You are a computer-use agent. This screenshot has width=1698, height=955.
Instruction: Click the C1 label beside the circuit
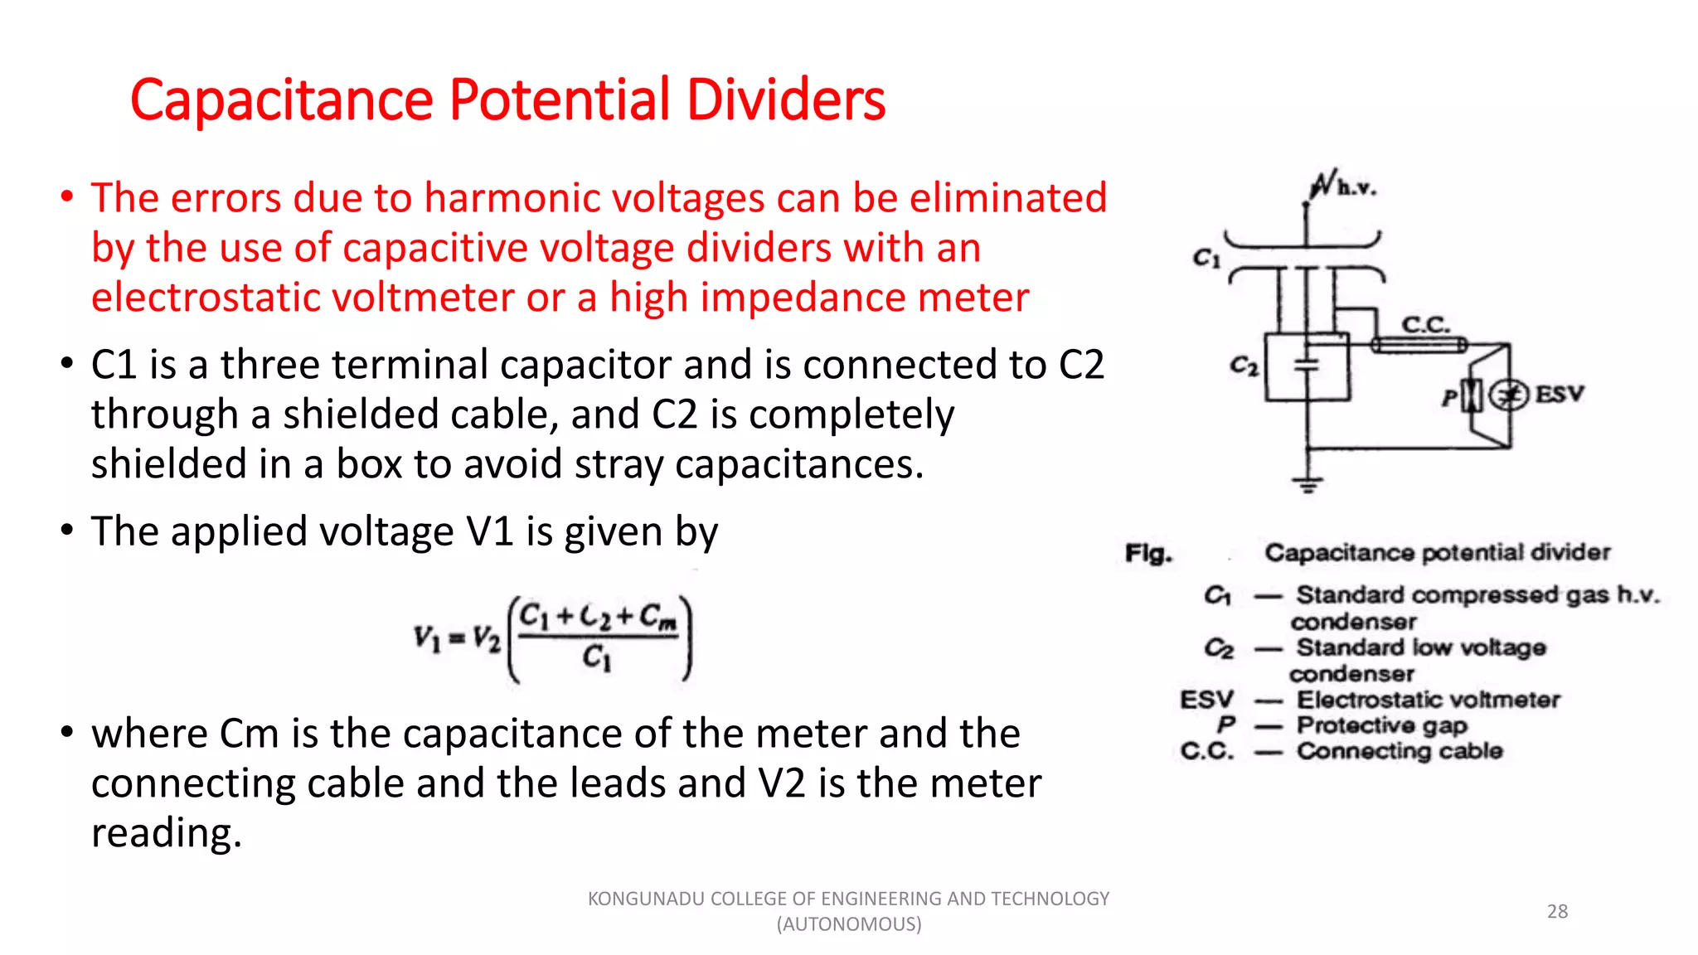tap(1206, 259)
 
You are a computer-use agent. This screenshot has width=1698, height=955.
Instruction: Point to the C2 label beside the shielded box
tap(1243, 366)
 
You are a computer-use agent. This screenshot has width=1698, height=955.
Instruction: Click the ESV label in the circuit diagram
tap(1559, 395)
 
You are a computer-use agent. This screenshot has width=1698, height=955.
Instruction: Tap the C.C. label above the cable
tap(1425, 324)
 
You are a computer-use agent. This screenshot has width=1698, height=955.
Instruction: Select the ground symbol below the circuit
tap(1307, 484)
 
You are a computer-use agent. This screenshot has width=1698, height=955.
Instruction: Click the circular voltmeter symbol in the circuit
tap(1508, 395)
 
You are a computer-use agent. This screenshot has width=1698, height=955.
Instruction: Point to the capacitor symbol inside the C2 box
tap(1307, 364)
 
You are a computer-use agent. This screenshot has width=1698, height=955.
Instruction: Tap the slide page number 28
tap(1557, 911)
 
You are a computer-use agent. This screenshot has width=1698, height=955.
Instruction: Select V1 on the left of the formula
tap(427, 638)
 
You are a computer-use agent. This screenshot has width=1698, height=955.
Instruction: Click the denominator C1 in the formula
tap(596, 658)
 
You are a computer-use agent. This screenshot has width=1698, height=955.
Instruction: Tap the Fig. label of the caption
tap(1148, 553)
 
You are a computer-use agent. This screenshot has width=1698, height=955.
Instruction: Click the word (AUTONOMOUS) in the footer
tap(849, 924)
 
